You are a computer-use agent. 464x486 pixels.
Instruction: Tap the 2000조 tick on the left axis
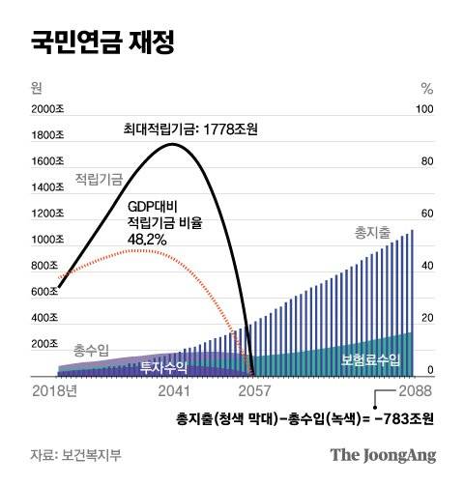45,109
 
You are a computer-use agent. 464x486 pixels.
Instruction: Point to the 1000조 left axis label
45,240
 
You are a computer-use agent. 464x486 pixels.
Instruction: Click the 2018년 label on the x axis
52,391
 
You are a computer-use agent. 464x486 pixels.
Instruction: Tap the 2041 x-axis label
175,391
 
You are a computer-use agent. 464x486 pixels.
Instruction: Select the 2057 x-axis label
253,391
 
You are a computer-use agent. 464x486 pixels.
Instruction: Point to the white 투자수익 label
162,366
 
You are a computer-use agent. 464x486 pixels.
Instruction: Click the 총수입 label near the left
91,349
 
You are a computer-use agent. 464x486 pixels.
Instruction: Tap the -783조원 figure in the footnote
404,418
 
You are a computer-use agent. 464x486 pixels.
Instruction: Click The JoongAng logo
383,454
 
